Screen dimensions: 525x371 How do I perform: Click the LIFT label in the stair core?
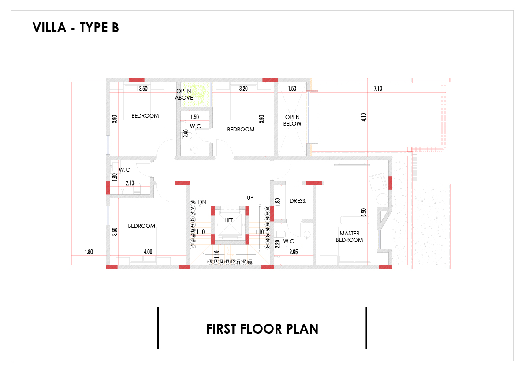(x=229, y=220)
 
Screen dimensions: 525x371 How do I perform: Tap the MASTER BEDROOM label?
(x=349, y=237)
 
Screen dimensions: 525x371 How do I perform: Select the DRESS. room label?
(x=298, y=201)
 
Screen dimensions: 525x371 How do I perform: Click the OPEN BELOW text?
(x=292, y=120)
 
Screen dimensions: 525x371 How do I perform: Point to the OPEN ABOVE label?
(x=184, y=94)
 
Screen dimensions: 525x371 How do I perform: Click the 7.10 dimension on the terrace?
(x=378, y=89)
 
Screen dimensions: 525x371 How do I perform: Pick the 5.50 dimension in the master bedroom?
(x=364, y=212)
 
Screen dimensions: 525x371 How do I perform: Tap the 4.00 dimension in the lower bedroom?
(x=148, y=252)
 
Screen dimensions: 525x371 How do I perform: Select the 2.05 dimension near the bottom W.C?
(x=294, y=252)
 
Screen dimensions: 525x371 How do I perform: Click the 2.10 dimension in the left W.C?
(x=130, y=183)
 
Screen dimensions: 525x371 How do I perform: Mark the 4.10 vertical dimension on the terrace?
(x=364, y=117)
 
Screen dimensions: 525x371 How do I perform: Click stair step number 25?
(x=193, y=203)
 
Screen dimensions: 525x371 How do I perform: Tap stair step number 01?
(x=268, y=209)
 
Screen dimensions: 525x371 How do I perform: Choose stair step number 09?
(x=250, y=262)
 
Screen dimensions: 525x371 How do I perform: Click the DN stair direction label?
(x=202, y=202)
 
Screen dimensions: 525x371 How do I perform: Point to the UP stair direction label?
(x=250, y=198)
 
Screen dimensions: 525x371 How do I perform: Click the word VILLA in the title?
(x=49, y=28)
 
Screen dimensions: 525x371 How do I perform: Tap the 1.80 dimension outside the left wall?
(x=89, y=252)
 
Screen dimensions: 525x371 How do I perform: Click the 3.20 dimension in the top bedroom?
(x=243, y=89)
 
